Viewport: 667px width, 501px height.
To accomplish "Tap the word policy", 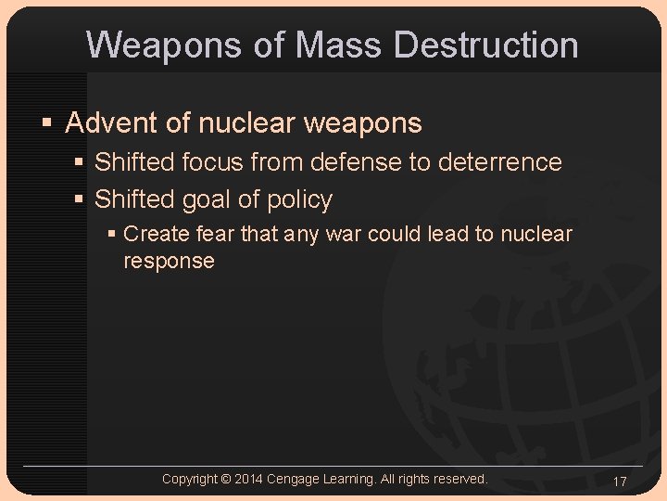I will [299, 199].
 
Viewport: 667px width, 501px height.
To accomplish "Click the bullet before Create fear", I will [112, 234].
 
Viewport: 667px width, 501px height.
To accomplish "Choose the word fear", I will [215, 234].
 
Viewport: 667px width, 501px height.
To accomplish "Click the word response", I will [169, 261].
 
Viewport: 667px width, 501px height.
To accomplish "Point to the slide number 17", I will [620, 482].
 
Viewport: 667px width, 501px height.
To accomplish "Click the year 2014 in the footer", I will [248, 479].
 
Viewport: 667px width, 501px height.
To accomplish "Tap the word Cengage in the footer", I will [296, 479].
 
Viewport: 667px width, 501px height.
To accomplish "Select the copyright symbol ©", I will [226, 479].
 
